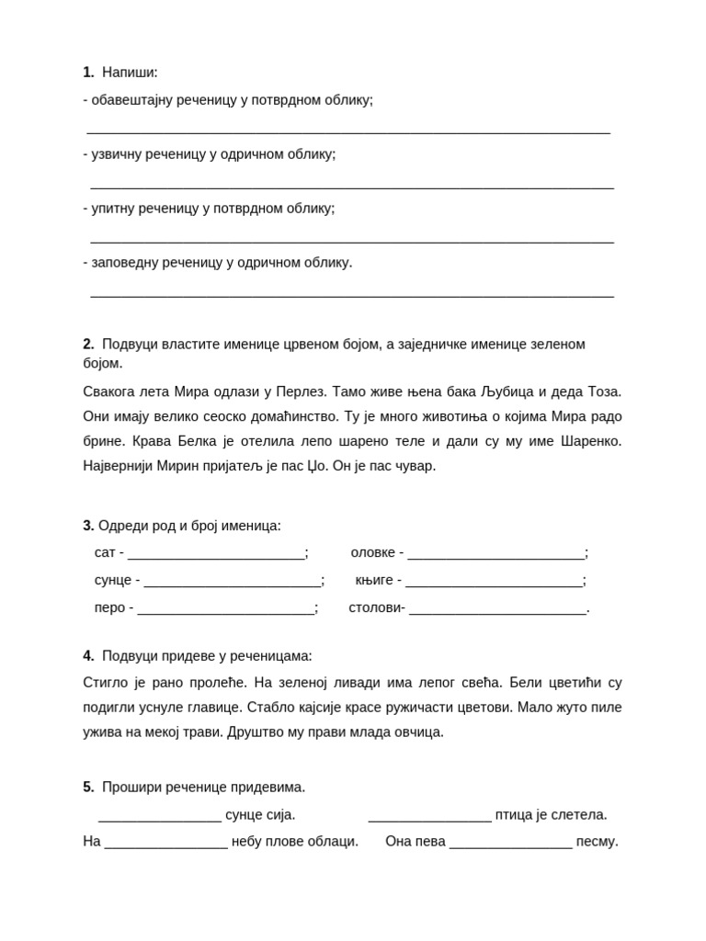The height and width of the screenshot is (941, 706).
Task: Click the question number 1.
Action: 88,73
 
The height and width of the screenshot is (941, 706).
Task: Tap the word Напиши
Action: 130,73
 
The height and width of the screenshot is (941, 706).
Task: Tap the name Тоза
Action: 604,391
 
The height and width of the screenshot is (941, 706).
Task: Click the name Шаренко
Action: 589,441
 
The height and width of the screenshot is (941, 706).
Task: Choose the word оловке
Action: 373,553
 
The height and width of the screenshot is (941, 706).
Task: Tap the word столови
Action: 375,607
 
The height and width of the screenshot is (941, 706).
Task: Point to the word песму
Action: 597,842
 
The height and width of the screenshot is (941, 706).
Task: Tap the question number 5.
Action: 88,788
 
